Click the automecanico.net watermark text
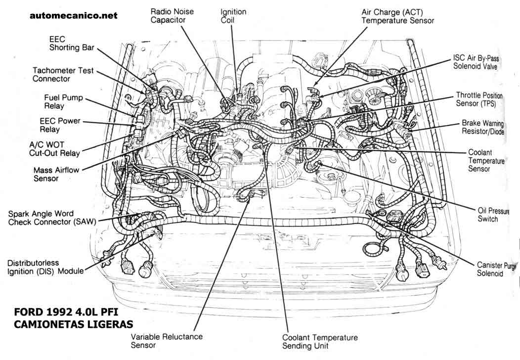tap(74, 15)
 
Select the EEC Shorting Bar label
tap(71, 43)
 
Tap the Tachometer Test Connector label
tap(63, 75)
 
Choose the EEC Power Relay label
tap(59, 125)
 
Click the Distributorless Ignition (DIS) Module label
tap(45, 267)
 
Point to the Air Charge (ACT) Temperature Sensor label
tap(397, 16)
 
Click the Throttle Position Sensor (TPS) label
tap(479, 99)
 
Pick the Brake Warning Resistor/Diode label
tap(483, 127)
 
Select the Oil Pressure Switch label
tap(487, 215)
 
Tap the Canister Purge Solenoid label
tap(496, 270)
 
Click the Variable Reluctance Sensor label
tap(167, 341)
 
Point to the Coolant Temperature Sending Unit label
tap(320, 341)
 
